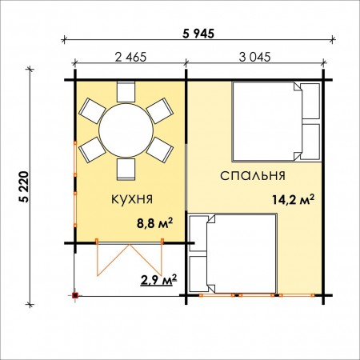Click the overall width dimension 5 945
[x=198, y=34]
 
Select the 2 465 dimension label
[x=130, y=57]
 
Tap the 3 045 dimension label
[x=254, y=57]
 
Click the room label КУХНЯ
[x=132, y=199]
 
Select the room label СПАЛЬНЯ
[x=253, y=176]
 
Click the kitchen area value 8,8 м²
[x=155, y=223]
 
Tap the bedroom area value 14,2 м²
[x=293, y=199]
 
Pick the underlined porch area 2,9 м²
[x=158, y=280]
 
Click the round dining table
[x=126, y=130]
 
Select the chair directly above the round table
[x=126, y=92]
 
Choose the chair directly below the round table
[x=126, y=170]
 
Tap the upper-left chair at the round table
[x=92, y=111]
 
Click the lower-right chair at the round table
[x=160, y=150]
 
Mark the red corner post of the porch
[x=75, y=295]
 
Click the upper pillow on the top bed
[x=310, y=101]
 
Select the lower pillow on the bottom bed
[x=198, y=274]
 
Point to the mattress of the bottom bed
[x=242, y=254]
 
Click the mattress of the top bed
[x=267, y=122]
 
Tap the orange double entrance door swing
[x=130, y=259]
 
